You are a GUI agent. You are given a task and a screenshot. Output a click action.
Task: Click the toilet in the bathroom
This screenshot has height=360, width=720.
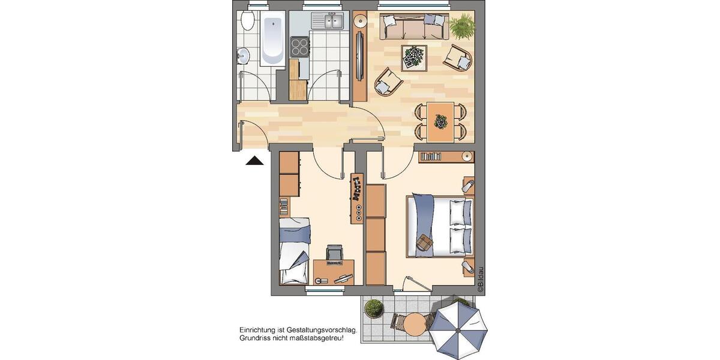pyautogui.click(x=247, y=22)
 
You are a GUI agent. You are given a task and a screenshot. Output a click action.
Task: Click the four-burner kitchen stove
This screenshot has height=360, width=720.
pyautogui.click(x=299, y=46)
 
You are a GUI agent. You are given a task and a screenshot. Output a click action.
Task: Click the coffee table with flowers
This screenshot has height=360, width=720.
pyautogui.click(x=414, y=57)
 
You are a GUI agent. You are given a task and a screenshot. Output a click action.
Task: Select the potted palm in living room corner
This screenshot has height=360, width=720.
pyautogui.click(x=462, y=26)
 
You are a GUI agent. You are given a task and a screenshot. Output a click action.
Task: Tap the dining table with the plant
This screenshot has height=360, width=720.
pyautogui.click(x=441, y=122)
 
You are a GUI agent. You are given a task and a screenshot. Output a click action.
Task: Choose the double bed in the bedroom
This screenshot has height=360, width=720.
pyautogui.click(x=440, y=225)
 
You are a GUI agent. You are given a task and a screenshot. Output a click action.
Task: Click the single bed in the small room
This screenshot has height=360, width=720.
pyautogui.click(x=295, y=251)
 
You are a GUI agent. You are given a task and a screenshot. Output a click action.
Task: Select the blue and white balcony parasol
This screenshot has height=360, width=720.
pyautogui.click(x=459, y=330)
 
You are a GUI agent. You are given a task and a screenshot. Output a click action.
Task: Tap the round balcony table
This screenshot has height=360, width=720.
pyautogui.click(x=413, y=325)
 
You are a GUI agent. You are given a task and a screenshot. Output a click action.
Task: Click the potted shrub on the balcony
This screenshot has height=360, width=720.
pyautogui.click(x=374, y=308)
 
